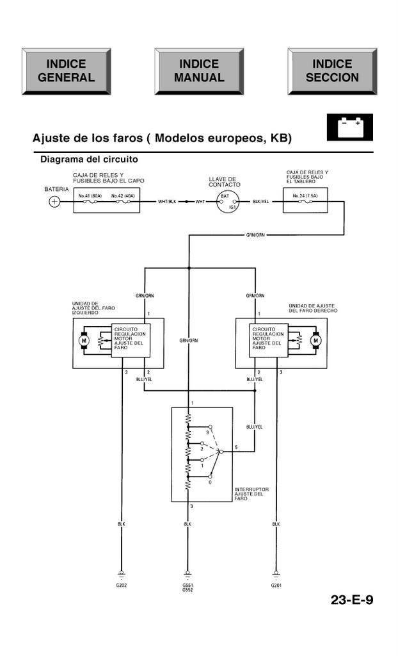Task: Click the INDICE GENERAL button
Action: pyautogui.click(x=66, y=71)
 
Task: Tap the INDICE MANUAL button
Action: pyautogui.click(x=199, y=71)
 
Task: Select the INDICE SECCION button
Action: pyautogui.click(x=332, y=71)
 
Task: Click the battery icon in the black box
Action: pyautogui.click(x=349, y=127)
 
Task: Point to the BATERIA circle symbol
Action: pyautogui.click(x=55, y=202)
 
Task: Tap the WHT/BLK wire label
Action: pyautogui.click(x=168, y=202)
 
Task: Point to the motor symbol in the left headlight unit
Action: pyautogui.click(x=83, y=341)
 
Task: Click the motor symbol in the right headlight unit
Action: pyautogui.click(x=315, y=341)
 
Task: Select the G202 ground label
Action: pyautogui.click(x=121, y=586)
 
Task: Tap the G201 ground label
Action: pyautogui.click(x=276, y=586)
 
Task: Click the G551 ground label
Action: pyautogui.click(x=187, y=585)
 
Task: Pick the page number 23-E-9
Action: pyautogui.click(x=352, y=600)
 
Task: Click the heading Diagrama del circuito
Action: pyautogui.click(x=89, y=159)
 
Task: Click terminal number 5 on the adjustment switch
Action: pyautogui.click(x=236, y=447)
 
